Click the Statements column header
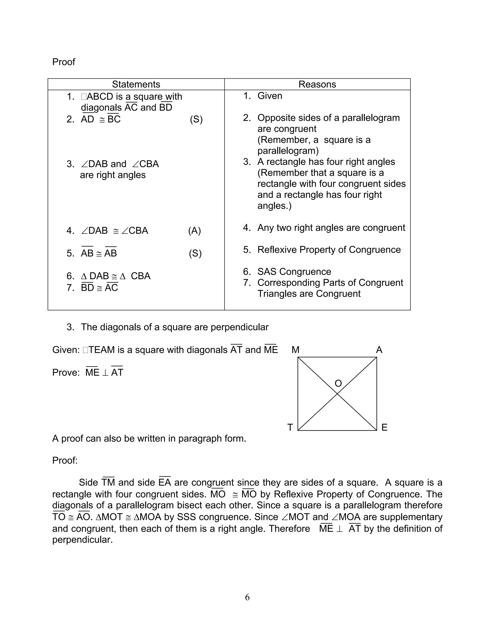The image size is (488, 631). tap(136, 84)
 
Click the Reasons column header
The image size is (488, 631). tap(317, 84)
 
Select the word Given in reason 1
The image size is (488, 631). tap(269, 96)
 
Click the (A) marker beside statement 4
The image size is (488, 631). tap(194, 231)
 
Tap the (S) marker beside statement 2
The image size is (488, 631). tap(196, 119)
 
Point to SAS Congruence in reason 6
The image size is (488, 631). tap(294, 272)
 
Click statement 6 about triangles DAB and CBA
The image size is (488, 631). tap(115, 276)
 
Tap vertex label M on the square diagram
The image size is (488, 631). tap(295, 350)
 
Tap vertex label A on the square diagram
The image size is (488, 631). tap(379, 350)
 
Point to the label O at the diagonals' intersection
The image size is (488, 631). tap(338, 383)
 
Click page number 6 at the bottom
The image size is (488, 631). tap(247, 597)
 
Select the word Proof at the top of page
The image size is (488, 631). tap(64, 62)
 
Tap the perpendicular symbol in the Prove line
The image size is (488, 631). tap(105, 373)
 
